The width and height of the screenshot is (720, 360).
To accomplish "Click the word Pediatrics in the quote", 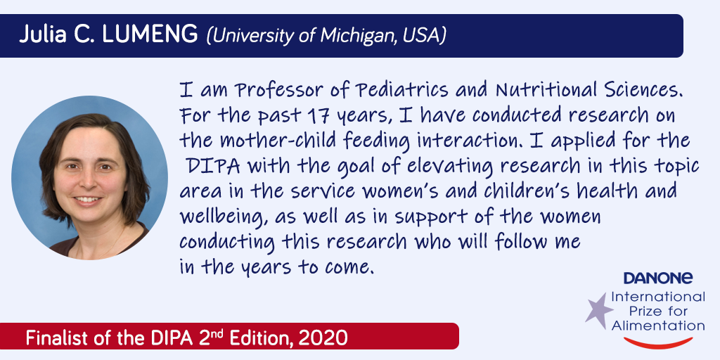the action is click(402, 90).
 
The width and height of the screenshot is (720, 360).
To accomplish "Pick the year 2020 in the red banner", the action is click(323, 338).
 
